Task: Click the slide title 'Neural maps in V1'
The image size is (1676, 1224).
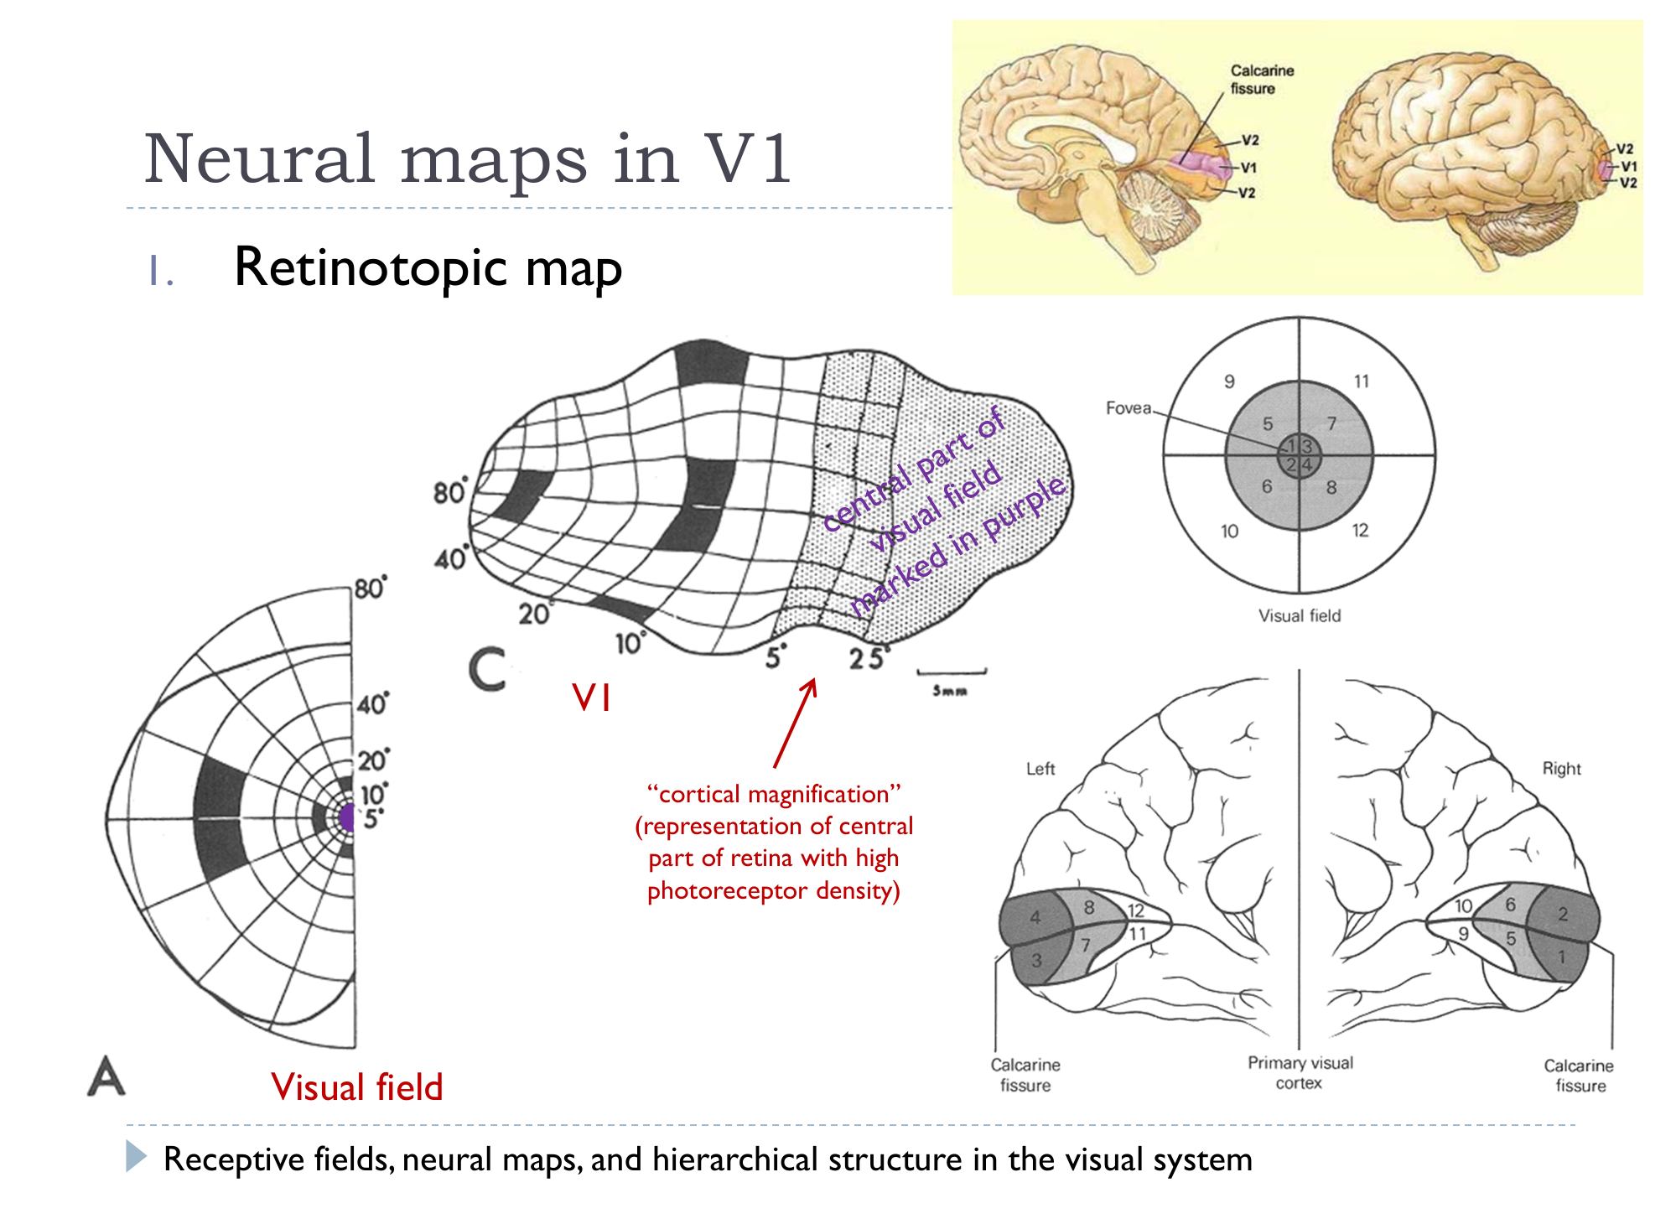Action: (467, 158)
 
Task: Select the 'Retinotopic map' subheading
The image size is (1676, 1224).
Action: (428, 268)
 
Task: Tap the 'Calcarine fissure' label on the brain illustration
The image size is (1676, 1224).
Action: (1261, 80)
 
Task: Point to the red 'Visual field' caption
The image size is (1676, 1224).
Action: (356, 1087)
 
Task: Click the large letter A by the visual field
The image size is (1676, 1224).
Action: (106, 1076)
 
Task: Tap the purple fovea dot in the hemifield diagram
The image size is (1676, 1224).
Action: (348, 817)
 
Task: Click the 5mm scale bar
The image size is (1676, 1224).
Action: (952, 672)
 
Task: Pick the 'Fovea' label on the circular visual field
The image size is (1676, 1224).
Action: (1128, 408)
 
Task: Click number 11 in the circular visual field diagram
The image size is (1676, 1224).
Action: (1361, 381)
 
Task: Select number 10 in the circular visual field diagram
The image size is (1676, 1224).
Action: (1229, 531)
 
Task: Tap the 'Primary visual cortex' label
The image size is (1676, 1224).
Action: (1300, 1073)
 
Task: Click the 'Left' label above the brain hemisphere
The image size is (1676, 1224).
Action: (1040, 769)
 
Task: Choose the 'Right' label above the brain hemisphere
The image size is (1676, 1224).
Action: (1561, 769)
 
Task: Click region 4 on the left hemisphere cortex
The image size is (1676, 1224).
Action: (1035, 917)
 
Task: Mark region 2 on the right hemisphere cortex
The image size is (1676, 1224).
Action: (1563, 915)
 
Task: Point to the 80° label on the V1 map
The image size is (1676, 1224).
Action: (449, 492)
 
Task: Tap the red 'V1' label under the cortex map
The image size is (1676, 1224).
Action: (591, 698)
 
